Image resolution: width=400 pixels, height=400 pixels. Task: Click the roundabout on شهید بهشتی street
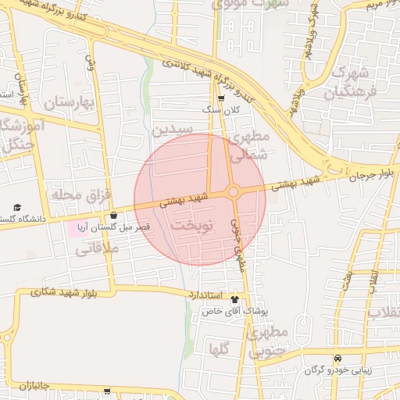click(x=234, y=191)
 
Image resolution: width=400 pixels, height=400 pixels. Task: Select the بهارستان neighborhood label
click(x=69, y=102)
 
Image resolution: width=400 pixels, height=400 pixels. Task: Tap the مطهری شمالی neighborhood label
click(x=248, y=145)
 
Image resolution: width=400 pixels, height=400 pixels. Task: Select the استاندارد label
click(x=205, y=295)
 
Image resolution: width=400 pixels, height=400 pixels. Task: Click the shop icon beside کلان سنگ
click(x=222, y=98)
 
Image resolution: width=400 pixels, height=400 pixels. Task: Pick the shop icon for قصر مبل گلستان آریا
click(x=114, y=215)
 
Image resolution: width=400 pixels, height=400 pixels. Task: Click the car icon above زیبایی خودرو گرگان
click(x=337, y=357)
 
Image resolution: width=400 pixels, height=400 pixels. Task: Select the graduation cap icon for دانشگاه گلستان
click(x=17, y=208)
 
